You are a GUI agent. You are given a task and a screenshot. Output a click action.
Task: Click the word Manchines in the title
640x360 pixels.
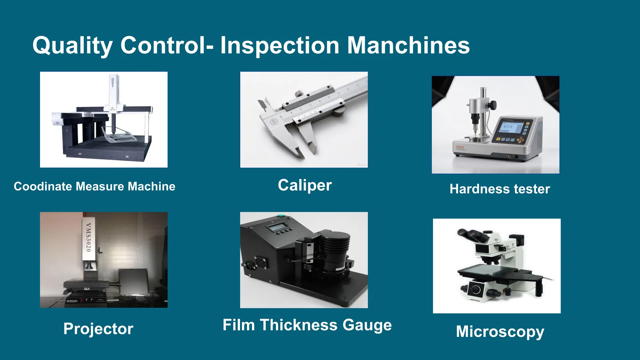[x=408, y=46]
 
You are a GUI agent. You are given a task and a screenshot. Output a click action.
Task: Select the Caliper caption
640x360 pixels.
[x=305, y=185]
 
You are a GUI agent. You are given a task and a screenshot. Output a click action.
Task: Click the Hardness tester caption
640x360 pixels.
[x=499, y=189]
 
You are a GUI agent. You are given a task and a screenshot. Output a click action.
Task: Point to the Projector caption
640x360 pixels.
[x=98, y=329]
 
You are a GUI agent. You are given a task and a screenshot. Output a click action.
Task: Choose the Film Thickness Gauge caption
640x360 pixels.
[x=307, y=325]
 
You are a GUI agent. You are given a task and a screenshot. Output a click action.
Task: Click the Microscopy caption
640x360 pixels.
[x=500, y=332]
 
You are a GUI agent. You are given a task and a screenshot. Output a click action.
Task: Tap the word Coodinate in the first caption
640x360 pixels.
[x=43, y=186]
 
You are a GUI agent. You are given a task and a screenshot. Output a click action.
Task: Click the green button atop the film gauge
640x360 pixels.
[x=281, y=216]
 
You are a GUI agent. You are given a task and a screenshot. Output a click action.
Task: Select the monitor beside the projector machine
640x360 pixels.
[x=133, y=282]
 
